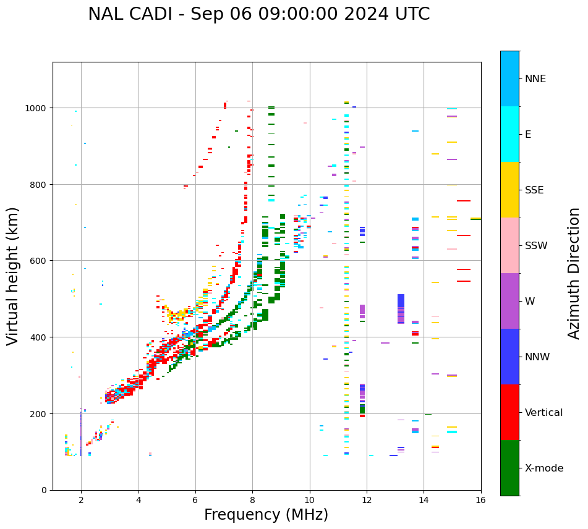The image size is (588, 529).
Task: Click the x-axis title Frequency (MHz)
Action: (x=266, y=515)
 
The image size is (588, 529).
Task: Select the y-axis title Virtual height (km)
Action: (x=14, y=276)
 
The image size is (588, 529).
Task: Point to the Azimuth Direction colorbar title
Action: (x=574, y=273)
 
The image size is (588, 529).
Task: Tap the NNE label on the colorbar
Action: (x=535, y=78)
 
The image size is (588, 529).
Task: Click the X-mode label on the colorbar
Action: (x=544, y=468)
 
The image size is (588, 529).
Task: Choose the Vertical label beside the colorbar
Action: (x=544, y=412)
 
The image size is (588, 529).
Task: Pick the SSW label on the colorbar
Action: (x=536, y=245)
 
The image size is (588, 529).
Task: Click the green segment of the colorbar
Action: (x=509, y=468)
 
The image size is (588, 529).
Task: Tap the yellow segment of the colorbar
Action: (x=509, y=190)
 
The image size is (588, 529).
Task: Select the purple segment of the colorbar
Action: (x=509, y=301)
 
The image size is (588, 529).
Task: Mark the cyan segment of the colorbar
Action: (x=509, y=134)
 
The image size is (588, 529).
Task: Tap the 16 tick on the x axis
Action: (x=480, y=501)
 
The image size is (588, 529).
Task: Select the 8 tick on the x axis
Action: (x=252, y=501)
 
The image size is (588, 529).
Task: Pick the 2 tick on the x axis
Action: (x=81, y=501)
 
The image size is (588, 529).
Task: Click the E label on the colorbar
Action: (x=529, y=134)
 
